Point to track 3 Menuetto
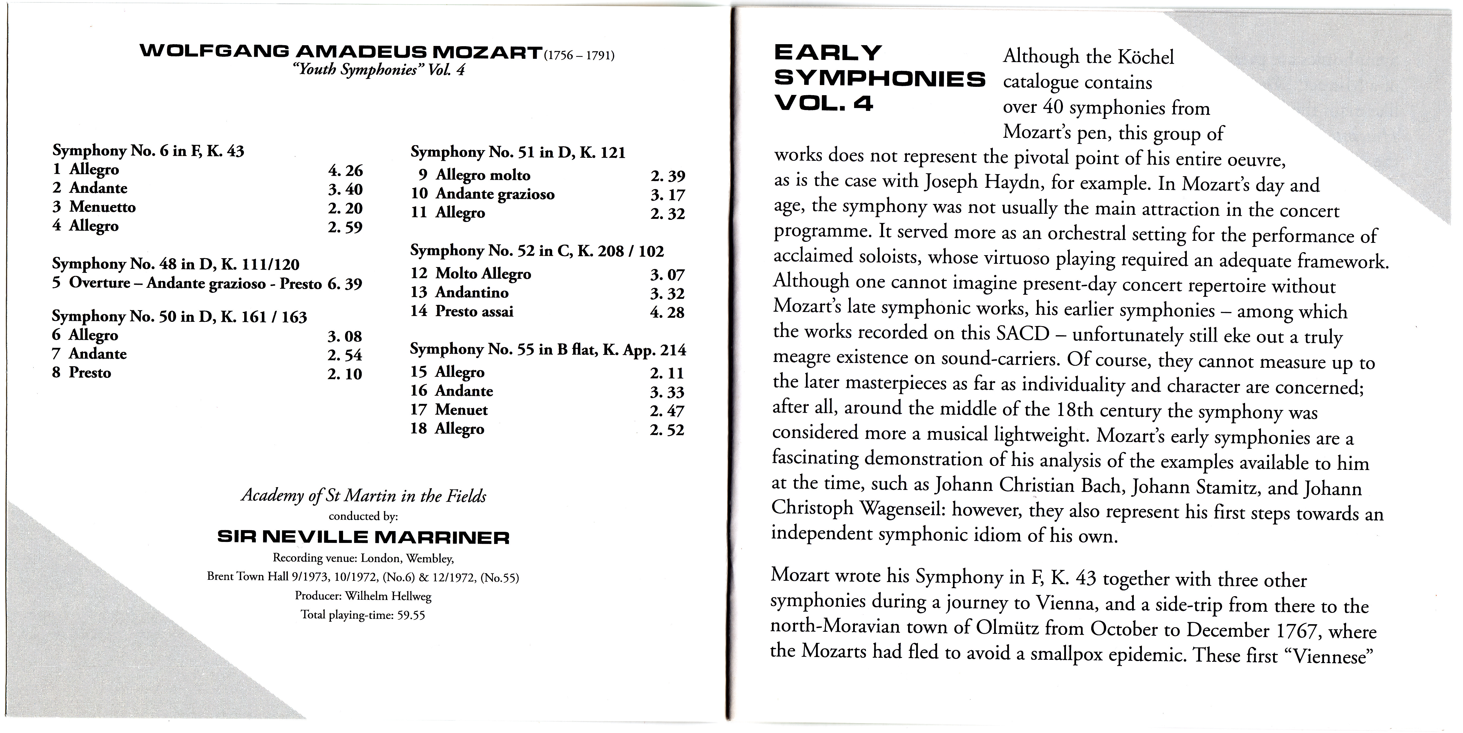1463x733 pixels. tap(94, 207)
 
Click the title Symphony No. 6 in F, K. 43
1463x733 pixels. tap(148, 151)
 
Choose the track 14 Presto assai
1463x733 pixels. tap(462, 311)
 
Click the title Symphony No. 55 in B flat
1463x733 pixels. tap(548, 349)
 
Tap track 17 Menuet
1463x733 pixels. tap(449, 410)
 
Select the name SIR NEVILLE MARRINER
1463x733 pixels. tap(363, 537)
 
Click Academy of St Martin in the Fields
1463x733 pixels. tap(363, 495)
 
